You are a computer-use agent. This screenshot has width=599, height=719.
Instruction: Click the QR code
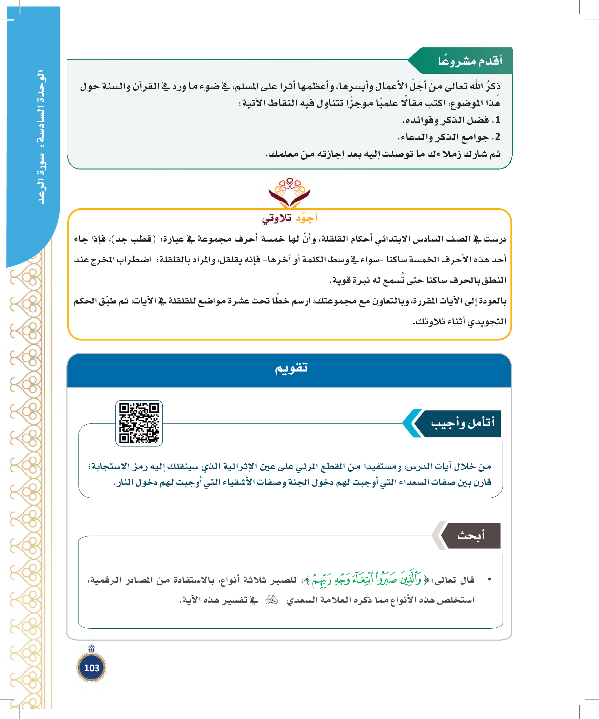[139, 423]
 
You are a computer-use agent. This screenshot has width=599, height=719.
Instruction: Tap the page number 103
[91, 668]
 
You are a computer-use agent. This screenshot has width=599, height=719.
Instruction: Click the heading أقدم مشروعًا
[470, 61]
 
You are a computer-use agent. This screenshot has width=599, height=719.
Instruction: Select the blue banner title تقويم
[291, 368]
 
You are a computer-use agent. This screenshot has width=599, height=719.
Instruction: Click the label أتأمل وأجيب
[462, 423]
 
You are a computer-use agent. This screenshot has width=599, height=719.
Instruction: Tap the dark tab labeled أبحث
[471, 536]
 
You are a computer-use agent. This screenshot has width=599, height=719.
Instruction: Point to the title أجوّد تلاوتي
[290, 218]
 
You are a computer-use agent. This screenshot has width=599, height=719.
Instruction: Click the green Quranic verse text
[367, 580]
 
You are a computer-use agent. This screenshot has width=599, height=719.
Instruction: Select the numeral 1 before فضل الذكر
[497, 120]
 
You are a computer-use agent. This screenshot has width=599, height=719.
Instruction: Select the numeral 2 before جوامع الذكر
[497, 137]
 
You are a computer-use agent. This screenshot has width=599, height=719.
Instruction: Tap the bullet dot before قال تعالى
[489, 579]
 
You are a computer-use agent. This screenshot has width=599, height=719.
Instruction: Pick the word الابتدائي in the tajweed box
[390, 239]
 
